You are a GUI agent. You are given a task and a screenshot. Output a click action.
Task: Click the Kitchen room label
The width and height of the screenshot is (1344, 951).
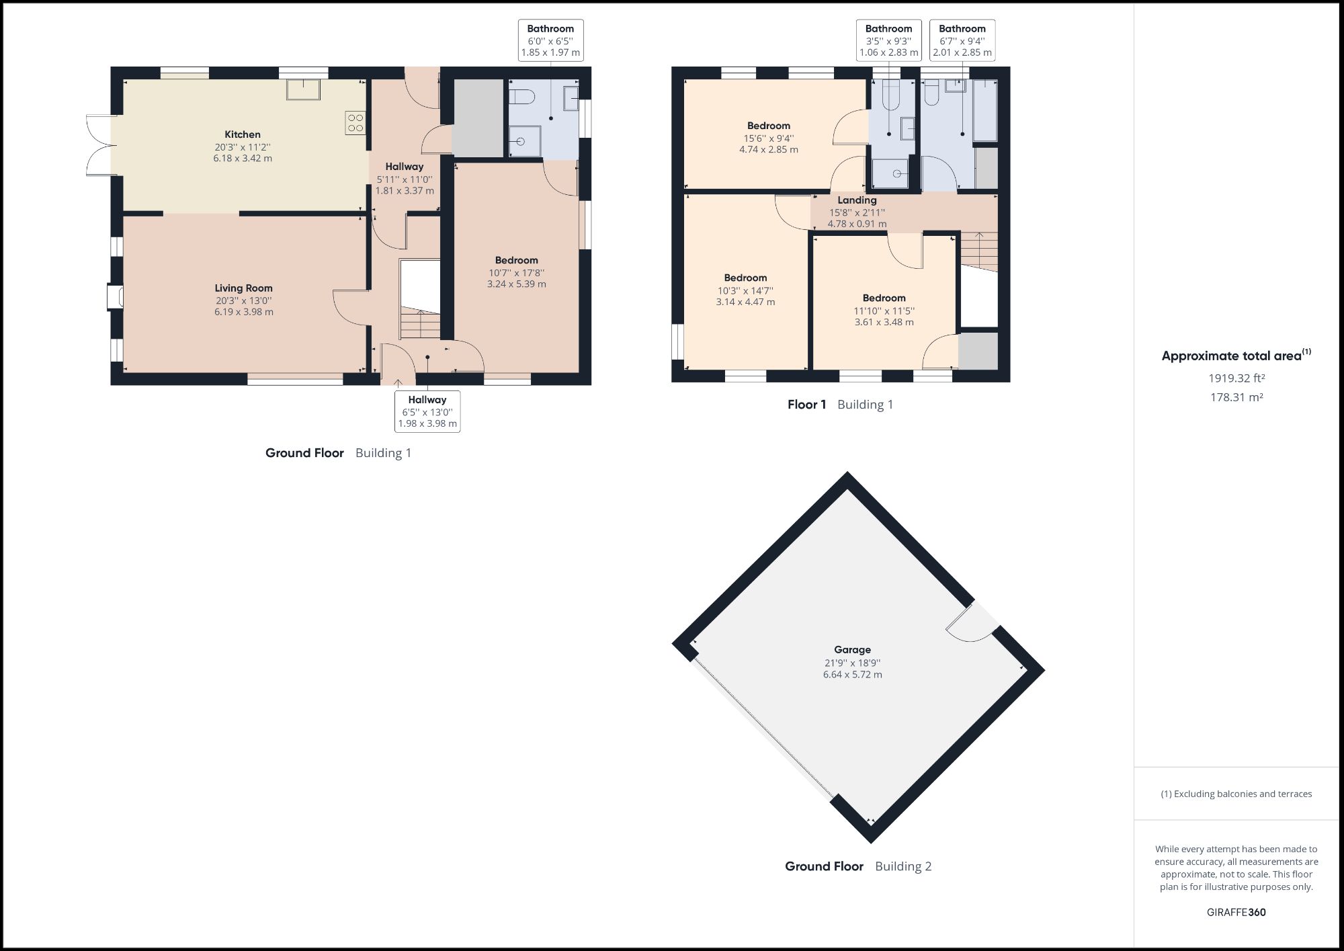[x=243, y=134]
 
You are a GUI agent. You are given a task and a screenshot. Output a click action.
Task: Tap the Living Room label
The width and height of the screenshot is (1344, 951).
[x=243, y=288]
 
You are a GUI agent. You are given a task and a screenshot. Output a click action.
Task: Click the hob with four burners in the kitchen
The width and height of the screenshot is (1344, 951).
[x=355, y=122]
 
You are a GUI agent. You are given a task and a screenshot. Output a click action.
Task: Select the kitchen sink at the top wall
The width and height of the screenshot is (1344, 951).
[x=304, y=89]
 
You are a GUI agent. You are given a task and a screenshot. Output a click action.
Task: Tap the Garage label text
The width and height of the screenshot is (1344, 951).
[x=852, y=650]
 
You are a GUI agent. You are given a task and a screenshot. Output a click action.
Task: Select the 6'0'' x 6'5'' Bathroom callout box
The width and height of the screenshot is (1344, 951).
[x=550, y=40]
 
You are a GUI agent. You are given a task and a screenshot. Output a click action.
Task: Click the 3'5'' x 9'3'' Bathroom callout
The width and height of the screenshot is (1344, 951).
[x=888, y=40]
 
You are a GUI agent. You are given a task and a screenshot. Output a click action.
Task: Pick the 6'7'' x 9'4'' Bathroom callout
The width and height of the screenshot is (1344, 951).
[x=962, y=40]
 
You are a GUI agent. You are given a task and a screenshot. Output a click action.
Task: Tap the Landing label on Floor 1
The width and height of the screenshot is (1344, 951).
[x=857, y=200]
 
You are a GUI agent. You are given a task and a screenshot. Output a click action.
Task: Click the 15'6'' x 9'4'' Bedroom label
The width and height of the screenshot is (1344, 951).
[x=769, y=126]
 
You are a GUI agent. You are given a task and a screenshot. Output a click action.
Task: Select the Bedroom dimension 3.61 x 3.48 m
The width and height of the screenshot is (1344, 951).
[x=884, y=322]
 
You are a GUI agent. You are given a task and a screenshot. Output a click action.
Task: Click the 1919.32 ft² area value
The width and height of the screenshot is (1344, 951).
[x=1236, y=378]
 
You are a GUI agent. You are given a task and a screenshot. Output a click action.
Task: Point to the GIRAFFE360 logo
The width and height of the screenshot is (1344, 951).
[x=1236, y=912]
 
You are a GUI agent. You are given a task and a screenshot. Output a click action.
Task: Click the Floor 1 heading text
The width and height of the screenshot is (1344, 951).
[x=806, y=405]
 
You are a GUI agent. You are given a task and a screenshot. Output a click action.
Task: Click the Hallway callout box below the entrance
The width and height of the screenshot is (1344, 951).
[x=427, y=411]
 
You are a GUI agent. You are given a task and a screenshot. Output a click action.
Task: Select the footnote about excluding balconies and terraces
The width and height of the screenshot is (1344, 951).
[x=1236, y=794]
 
